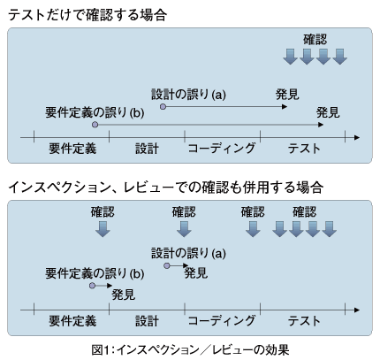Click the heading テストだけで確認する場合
87,15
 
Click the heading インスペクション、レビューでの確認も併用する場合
166,188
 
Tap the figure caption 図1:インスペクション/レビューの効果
190,350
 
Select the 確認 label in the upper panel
315,40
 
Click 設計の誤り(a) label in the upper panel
188,95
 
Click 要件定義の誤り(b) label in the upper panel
95,112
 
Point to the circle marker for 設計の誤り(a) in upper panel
163,107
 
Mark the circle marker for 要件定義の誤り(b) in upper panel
95,125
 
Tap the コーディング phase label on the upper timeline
222,148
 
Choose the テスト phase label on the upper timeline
304,148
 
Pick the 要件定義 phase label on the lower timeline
72,321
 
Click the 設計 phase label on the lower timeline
147,321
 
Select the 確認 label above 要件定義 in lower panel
103,212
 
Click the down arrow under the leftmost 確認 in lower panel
103,229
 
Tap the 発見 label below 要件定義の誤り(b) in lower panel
124,295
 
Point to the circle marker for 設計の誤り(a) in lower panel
167,266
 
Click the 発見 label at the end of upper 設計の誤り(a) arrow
287,95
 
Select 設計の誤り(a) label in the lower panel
188,253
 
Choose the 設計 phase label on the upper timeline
147,148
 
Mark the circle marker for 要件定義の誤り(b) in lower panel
93,286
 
